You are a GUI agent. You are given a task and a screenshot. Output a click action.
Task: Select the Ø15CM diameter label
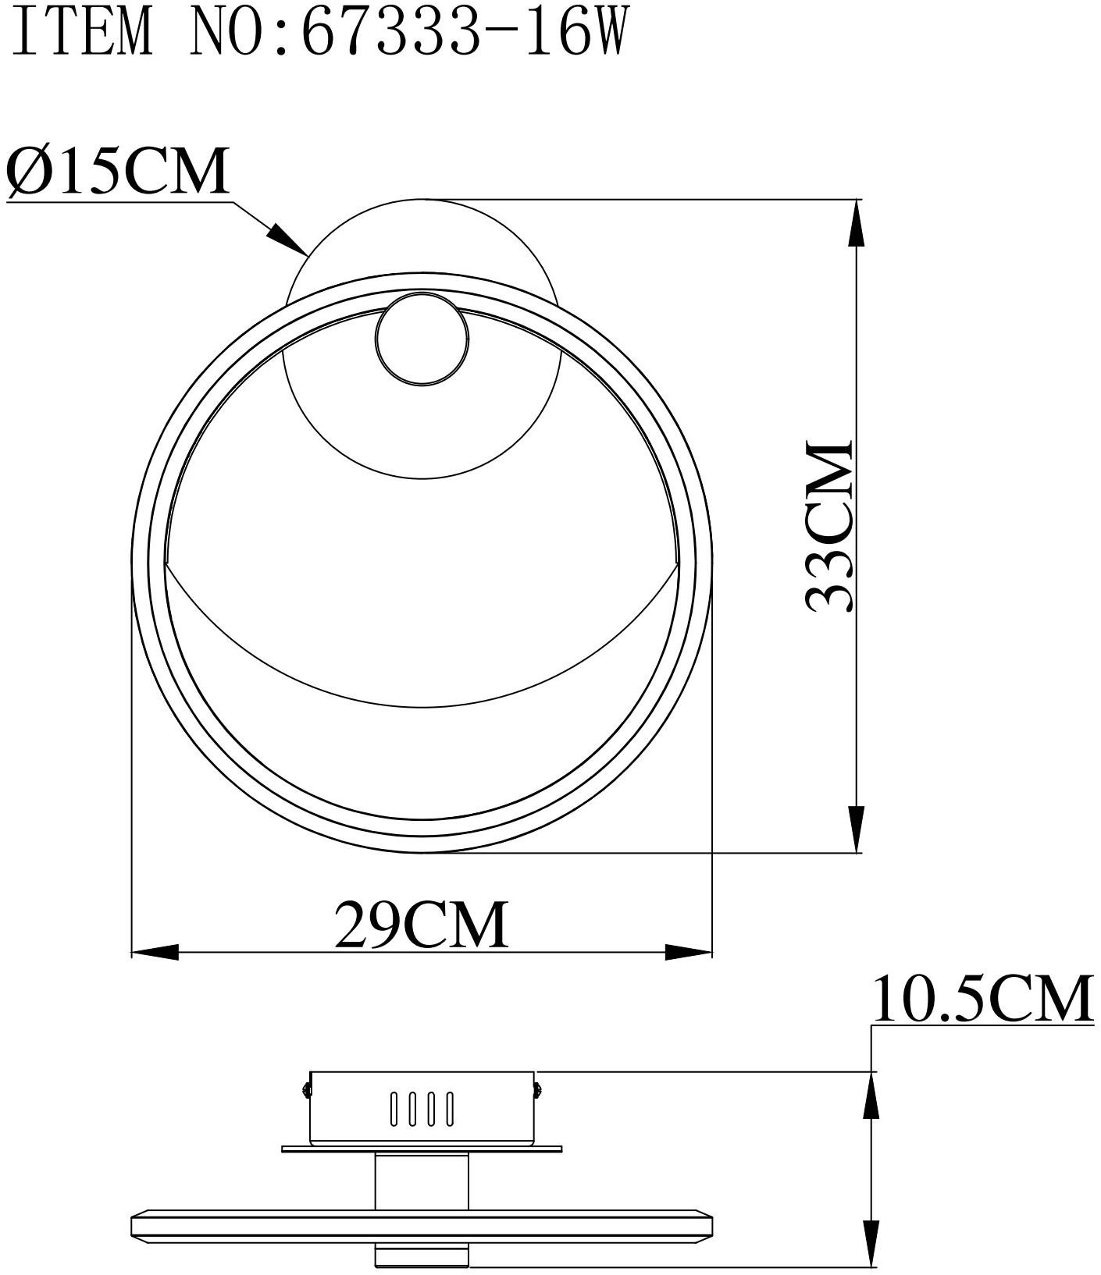click(x=118, y=170)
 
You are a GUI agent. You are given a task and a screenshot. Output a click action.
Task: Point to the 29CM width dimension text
click(x=422, y=925)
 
